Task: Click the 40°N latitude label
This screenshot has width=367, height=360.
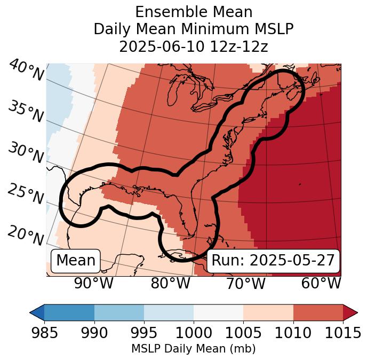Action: pos(26,71)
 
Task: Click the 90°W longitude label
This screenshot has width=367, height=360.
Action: pos(93,284)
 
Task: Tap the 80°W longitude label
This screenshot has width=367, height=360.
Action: pos(170,284)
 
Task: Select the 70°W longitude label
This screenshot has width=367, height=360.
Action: pos(245,284)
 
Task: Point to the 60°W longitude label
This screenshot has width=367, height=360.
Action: pos(321,284)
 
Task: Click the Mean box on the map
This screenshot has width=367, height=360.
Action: pos(76,261)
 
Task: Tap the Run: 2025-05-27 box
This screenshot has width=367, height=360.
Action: pos(273,261)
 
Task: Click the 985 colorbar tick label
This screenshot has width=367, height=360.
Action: pos(44,333)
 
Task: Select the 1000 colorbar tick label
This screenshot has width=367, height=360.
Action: pos(194,333)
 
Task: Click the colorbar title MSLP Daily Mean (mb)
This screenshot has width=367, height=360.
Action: pos(193,349)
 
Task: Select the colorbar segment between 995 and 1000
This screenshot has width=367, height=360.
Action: pos(169,312)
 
